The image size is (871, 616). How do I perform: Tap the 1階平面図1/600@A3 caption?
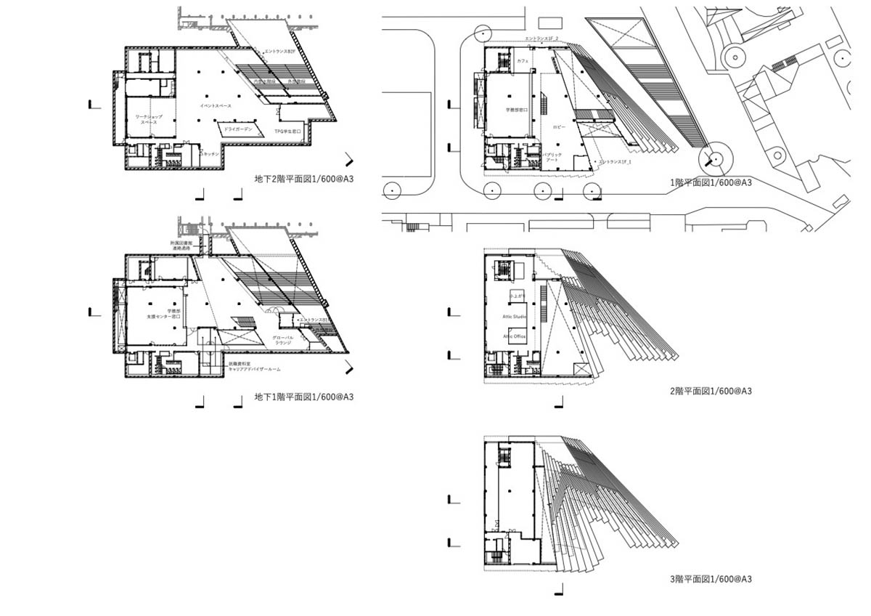coord(711,182)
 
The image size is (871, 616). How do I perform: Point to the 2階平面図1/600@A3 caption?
coord(711,391)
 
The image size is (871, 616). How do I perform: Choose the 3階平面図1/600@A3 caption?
coord(711,579)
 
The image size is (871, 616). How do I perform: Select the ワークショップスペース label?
coord(149,120)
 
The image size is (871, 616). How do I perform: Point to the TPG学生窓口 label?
coord(287,131)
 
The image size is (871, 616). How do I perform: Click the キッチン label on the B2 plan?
coord(211,154)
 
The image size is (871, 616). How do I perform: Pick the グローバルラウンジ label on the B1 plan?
coord(282,341)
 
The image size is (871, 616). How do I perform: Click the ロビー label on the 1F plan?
coord(559,126)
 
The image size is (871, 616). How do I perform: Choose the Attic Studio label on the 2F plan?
coord(515,317)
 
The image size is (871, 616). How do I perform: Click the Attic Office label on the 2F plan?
coord(515,336)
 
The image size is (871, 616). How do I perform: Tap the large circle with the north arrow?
coord(713,158)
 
